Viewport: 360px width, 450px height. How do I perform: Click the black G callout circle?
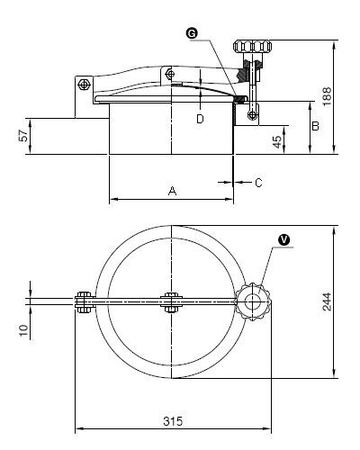point(192,33)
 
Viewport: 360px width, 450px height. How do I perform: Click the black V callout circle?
point(283,239)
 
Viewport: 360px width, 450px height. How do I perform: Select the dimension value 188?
point(327,96)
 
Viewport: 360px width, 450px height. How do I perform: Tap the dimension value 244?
point(327,301)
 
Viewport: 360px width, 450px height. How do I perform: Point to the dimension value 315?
point(173,421)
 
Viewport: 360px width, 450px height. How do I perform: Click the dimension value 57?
point(23,136)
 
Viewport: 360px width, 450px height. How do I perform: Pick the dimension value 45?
point(277,142)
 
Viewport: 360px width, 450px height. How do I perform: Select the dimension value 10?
point(23,330)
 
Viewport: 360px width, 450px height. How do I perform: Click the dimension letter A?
point(172,191)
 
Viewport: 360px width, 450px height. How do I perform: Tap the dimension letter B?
point(315,126)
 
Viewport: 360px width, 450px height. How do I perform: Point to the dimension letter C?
point(258,183)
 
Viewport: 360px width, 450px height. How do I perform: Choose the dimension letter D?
point(200,119)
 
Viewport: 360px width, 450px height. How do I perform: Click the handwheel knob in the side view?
point(253,47)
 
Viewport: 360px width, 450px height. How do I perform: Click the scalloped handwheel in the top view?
point(253,302)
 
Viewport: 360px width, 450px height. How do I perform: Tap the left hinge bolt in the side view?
point(84,85)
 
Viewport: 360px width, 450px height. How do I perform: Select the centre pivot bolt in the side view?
point(170,74)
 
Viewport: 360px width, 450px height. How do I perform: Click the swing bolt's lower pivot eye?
point(253,114)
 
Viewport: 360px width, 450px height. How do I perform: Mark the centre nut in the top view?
point(171,302)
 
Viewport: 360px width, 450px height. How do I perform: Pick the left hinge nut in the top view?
point(85,302)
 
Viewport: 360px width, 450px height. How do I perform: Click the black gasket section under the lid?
point(240,99)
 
